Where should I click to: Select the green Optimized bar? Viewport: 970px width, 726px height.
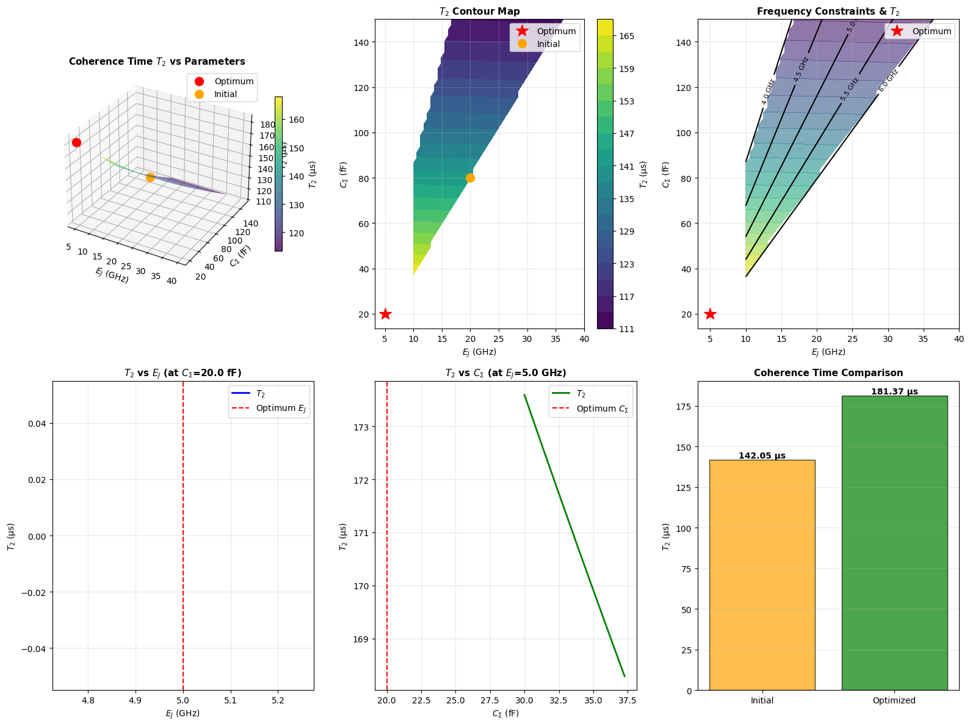pos(894,543)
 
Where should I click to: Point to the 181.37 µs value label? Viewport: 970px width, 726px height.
pos(894,392)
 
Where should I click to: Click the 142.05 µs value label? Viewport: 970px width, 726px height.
pos(762,456)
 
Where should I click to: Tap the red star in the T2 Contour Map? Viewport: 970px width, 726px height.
pos(385,314)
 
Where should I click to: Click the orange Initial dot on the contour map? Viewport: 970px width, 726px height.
pos(470,178)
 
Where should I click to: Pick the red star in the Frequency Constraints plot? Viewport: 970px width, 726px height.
pos(710,314)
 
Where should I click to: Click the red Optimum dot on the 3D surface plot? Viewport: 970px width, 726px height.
pos(76,142)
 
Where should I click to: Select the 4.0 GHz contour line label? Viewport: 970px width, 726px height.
pos(768,92)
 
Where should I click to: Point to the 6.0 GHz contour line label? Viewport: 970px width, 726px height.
pos(888,81)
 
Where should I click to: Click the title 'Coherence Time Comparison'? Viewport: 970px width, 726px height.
pos(828,372)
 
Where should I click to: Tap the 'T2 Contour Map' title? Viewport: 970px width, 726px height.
pos(479,11)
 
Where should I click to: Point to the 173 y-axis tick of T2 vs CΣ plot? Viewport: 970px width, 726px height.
pos(362,427)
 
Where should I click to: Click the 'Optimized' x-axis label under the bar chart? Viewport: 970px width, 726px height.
pos(894,700)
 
